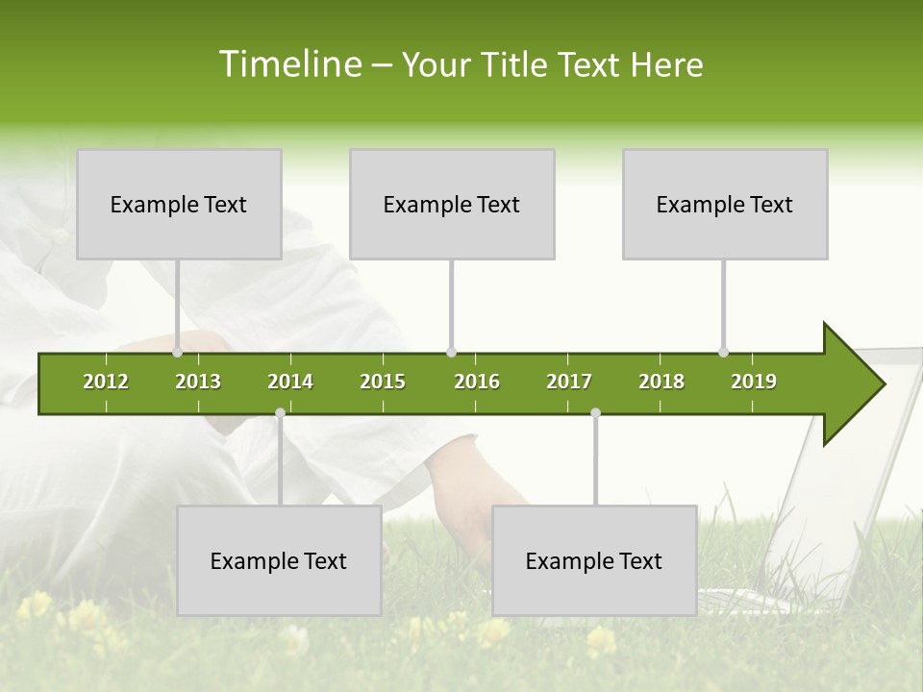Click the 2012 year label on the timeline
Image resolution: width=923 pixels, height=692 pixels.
click(x=106, y=382)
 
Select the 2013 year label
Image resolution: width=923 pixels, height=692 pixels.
click(x=198, y=382)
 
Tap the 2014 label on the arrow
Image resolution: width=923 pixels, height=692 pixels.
click(x=290, y=382)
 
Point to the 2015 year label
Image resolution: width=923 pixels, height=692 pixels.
click(x=383, y=382)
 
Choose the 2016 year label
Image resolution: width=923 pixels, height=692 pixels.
click(x=477, y=382)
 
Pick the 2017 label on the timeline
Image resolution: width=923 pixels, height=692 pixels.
click(x=569, y=382)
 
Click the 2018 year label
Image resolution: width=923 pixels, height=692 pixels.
click(x=661, y=382)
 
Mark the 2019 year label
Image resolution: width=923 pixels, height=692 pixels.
click(x=754, y=382)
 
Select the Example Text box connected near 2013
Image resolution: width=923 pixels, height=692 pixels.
click(x=179, y=204)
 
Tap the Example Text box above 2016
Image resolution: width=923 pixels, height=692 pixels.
click(x=452, y=204)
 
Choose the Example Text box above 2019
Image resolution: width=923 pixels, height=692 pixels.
click(x=725, y=204)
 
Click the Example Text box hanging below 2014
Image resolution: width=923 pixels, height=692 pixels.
click(x=279, y=560)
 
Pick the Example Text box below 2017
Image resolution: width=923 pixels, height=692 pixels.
click(x=594, y=560)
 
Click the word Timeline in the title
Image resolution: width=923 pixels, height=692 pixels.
click(x=288, y=64)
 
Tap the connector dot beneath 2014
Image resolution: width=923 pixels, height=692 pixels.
click(x=280, y=412)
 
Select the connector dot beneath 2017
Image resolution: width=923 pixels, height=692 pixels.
click(x=595, y=412)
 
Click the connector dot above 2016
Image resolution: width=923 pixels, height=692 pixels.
click(x=451, y=352)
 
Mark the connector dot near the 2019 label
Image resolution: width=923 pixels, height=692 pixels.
click(x=723, y=352)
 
